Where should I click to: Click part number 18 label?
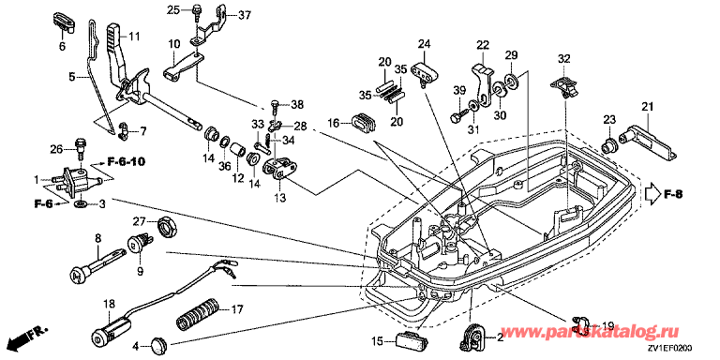109,304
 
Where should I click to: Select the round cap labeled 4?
158,343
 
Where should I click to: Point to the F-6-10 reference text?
127,161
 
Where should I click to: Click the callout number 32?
563,59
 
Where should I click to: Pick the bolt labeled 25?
198,12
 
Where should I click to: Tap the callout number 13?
279,199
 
